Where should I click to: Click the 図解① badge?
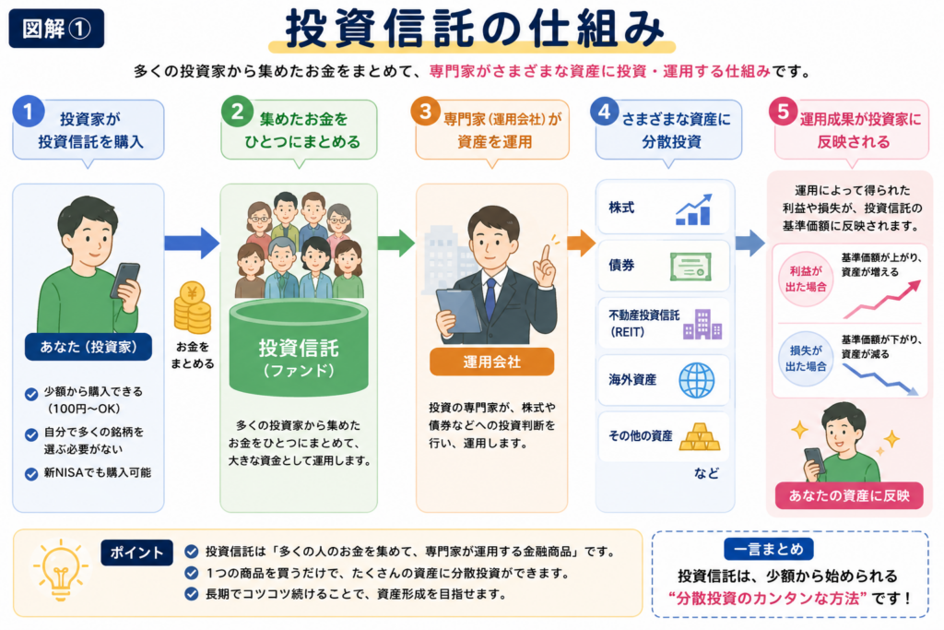pos(56,29)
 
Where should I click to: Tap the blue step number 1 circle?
pos(28,112)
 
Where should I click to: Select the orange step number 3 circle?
pos(425,112)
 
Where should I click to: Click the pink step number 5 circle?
pos(784,112)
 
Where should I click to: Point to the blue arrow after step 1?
pos(192,244)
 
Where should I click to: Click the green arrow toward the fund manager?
pos(396,244)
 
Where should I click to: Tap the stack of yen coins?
pos(193,307)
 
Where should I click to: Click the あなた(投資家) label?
pos(88,347)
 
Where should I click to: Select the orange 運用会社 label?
pos(491,362)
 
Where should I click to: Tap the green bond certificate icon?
pos(690,267)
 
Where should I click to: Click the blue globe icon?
pos(697,380)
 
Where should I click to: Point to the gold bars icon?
pos(700,436)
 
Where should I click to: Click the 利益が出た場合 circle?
pos(806,279)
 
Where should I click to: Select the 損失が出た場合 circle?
pos(806,359)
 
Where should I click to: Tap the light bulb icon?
pos(60,570)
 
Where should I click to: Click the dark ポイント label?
pos(136,553)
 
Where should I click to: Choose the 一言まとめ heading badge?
pos(769,549)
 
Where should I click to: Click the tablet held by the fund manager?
pos(457,311)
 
